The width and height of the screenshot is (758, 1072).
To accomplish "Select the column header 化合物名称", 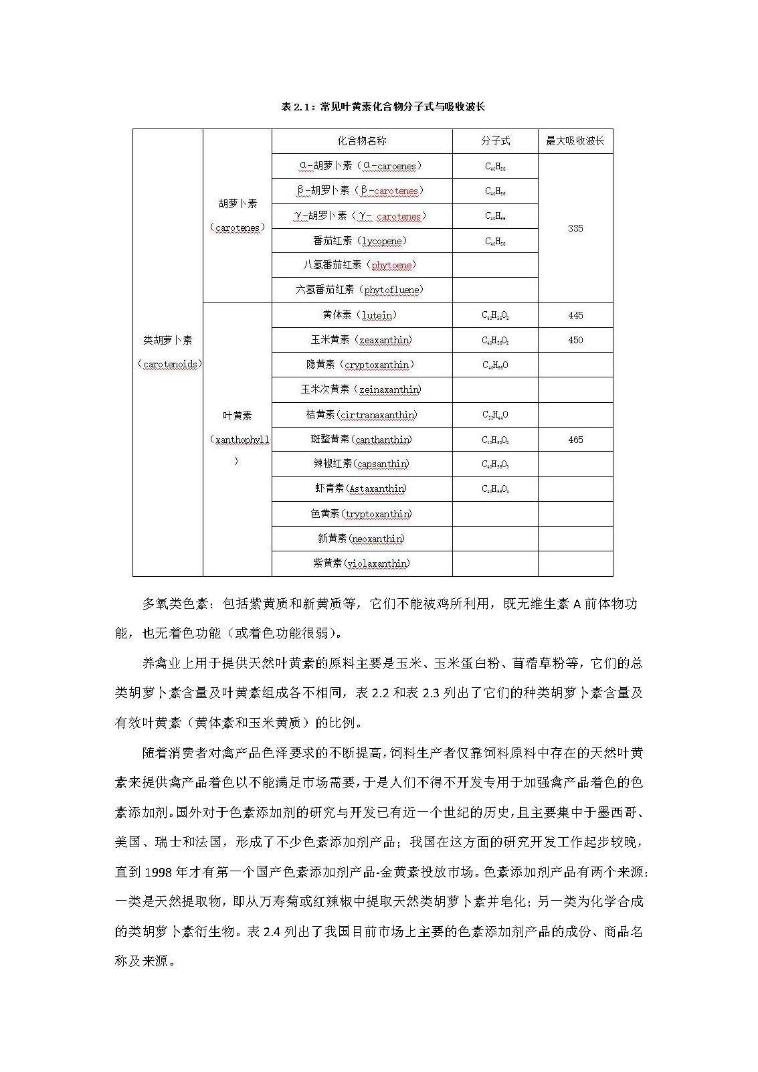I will [x=361, y=141].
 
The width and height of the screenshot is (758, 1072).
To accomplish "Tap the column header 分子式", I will [x=495, y=141].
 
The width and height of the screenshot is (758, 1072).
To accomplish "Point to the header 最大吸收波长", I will [x=575, y=141].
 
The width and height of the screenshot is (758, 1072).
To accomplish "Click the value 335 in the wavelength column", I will [x=575, y=228].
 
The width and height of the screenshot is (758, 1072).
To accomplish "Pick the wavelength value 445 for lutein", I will [x=575, y=315].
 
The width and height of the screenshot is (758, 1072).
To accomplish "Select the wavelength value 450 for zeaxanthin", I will [x=575, y=340].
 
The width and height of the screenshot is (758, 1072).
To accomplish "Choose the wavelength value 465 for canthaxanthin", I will [x=575, y=440].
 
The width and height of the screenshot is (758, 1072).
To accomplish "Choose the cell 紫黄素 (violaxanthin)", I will [x=361, y=563].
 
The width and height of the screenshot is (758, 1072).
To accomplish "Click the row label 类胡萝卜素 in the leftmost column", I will [x=167, y=340].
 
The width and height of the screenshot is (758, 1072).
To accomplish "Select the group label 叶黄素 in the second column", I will [x=237, y=416].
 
